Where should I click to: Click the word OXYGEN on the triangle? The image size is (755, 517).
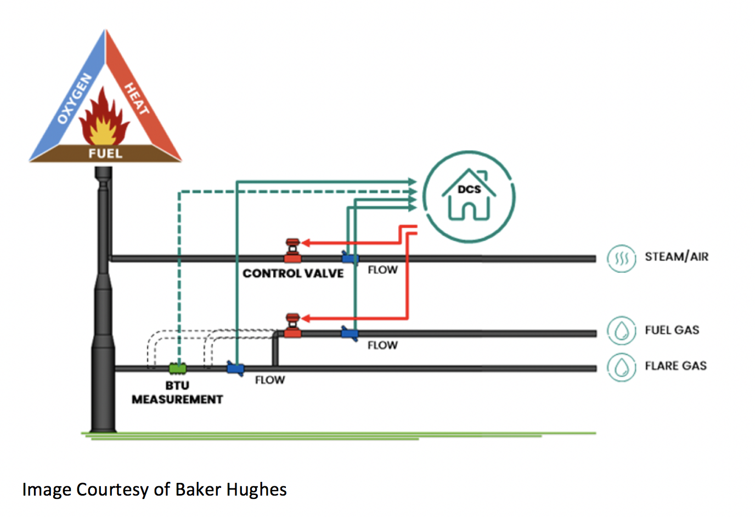click(75, 99)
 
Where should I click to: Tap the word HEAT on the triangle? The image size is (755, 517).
click(136, 98)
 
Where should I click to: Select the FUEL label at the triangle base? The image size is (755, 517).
click(105, 153)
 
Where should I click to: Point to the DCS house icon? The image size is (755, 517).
click(469, 196)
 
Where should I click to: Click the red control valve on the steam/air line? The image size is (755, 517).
click(292, 251)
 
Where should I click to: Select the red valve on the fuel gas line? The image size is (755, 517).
click(292, 326)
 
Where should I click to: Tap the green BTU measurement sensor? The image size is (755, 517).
click(177, 368)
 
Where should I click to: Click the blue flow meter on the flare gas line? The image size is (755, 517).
click(235, 368)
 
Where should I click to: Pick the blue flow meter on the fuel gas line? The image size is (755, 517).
click(350, 333)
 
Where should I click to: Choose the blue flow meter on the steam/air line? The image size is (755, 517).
click(350, 257)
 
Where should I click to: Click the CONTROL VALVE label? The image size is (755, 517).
click(293, 273)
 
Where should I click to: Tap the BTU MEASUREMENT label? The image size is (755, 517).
click(177, 392)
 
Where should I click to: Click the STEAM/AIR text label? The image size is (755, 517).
click(677, 257)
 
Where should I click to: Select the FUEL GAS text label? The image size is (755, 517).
click(672, 330)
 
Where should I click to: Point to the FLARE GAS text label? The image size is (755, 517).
click(675, 366)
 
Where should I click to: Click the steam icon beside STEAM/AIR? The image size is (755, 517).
click(621, 258)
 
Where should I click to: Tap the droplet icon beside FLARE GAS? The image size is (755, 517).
click(621, 367)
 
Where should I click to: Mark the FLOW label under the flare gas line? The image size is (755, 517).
click(270, 380)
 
